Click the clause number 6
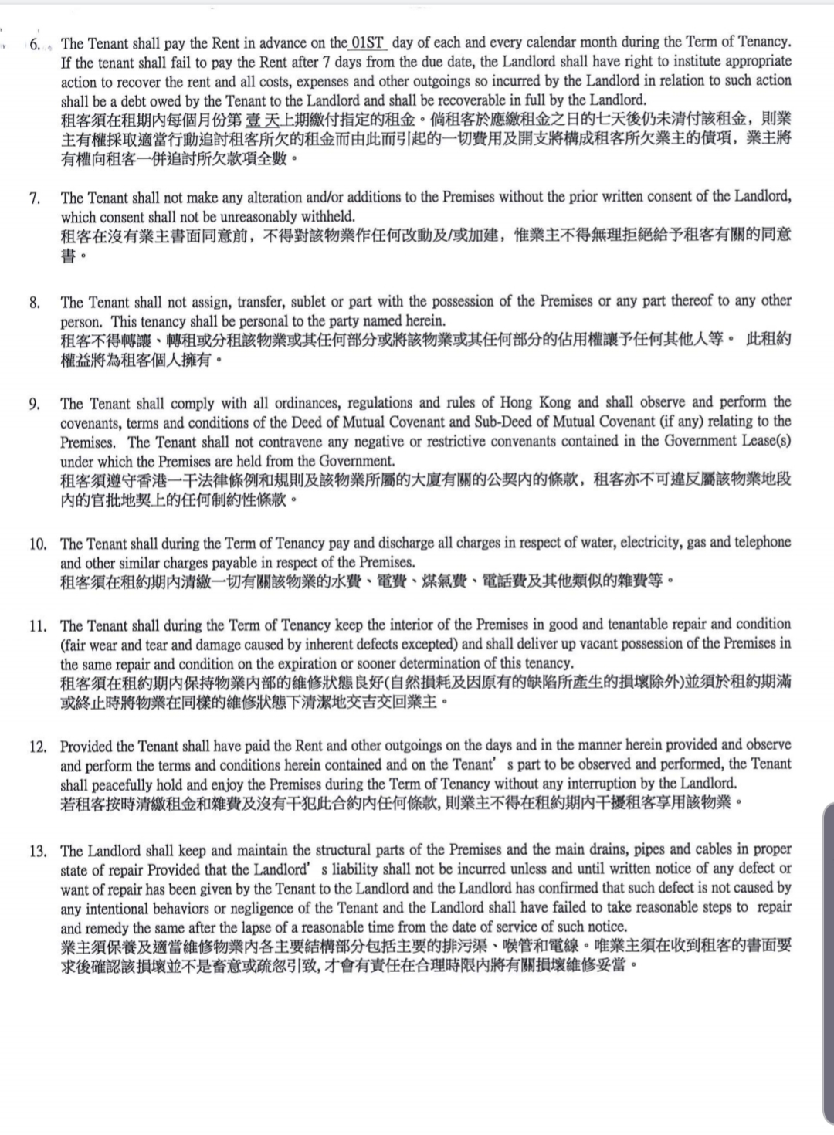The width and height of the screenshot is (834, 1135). pyautogui.click(x=36, y=44)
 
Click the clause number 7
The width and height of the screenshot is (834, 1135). pyautogui.click(x=35, y=198)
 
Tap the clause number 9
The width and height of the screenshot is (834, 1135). pyautogui.click(x=35, y=404)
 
